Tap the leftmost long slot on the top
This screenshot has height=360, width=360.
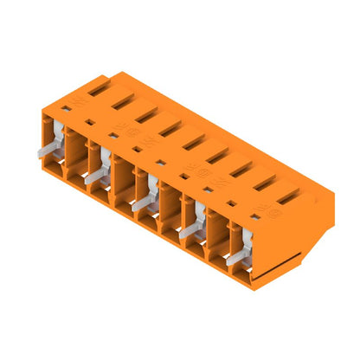[x=97, y=87]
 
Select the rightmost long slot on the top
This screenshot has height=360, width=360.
[x=287, y=197]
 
